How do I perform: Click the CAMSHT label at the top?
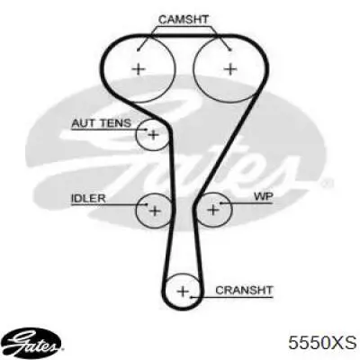pyautogui.click(x=184, y=20)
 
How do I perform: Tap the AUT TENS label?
pyautogui.click(x=102, y=123)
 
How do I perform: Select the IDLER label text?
pyautogui.click(x=88, y=198)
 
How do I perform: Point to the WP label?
pyautogui.click(x=264, y=197)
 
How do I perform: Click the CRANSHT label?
pyautogui.click(x=244, y=290)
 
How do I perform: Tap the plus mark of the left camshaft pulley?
pyautogui.click(x=139, y=69)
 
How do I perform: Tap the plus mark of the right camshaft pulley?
pyautogui.click(x=230, y=69)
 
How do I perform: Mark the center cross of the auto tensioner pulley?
pyautogui.click(x=153, y=135)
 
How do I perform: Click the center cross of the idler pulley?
pyautogui.click(x=155, y=211)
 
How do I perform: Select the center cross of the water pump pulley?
pyautogui.click(x=213, y=210)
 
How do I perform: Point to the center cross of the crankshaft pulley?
pyautogui.click(x=183, y=292)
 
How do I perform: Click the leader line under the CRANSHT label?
pyautogui.click(x=232, y=298)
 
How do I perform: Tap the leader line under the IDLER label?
pyautogui.click(x=109, y=205)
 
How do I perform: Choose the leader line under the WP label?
pyautogui.click(x=247, y=203)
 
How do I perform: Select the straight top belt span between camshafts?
pyautogui.click(x=184, y=36)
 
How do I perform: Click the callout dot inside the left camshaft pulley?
pyautogui.click(x=139, y=49)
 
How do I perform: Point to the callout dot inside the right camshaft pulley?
pyautogui.click(x=230, y=49)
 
